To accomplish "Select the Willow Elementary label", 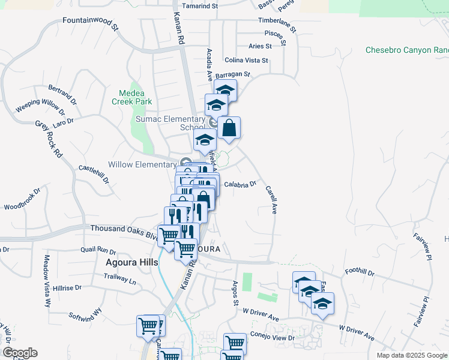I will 142,164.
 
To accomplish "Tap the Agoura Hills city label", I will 131,263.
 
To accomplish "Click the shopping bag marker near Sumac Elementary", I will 229,128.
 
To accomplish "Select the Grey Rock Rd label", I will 49,139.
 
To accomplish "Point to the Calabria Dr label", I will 240,185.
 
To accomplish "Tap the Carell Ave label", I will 271,200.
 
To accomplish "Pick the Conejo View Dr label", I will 274,338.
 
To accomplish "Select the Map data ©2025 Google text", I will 411,355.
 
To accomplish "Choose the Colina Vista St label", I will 246,61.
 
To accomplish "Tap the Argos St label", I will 235,290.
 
